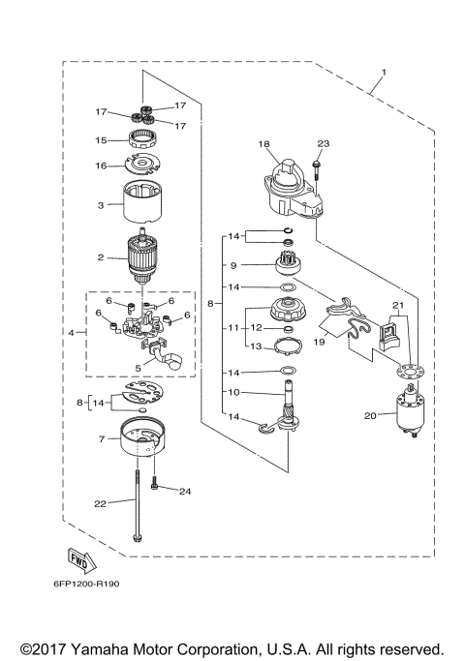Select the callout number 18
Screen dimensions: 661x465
click(263, 144)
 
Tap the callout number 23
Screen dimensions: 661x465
click(324, 144)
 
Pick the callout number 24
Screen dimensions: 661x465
click(185, 492)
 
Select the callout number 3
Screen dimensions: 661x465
click(99, 205)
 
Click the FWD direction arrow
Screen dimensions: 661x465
click(79, 558)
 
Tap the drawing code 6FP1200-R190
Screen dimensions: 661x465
click(82, 586)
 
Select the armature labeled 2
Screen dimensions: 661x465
click(142, 258)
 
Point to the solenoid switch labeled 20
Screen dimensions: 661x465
click(408, 413)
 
